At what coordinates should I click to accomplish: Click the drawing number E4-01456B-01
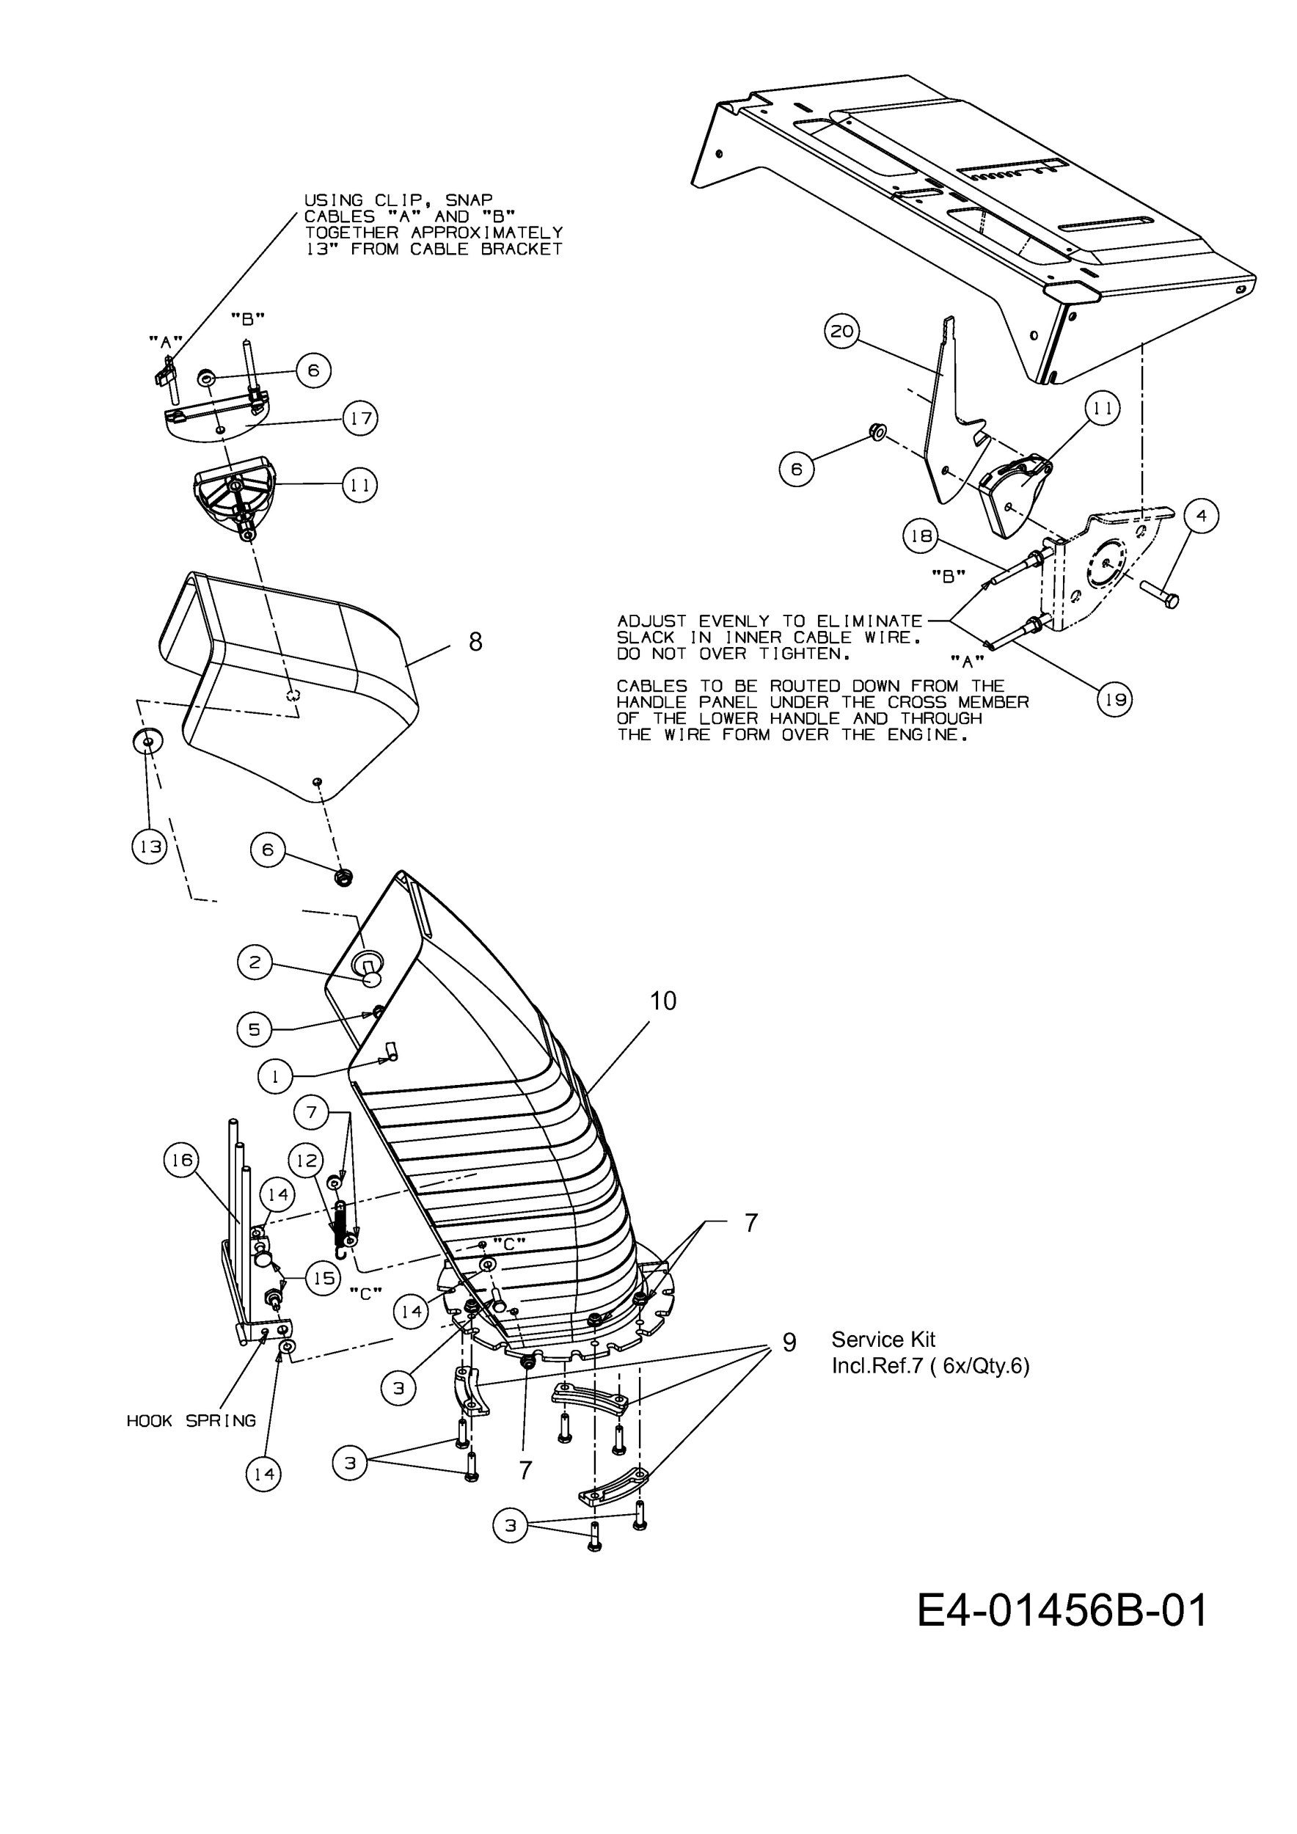pos(1062,1610)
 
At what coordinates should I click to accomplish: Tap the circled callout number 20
pos(841,331)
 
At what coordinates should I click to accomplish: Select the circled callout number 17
pos(360,417)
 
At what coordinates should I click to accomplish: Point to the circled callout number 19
pos(1115,700)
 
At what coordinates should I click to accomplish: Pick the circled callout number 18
pos(921,536)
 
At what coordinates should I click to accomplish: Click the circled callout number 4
pos(1201,516)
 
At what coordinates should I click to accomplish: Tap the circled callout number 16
pos(182,1160)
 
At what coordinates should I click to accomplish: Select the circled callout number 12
pos(307,1161)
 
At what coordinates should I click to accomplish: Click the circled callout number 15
pos(324,1278)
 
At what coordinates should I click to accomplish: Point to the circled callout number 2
pos(255,962)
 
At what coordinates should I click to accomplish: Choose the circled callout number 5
pos(254,1029)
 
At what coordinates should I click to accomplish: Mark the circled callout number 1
pos(275,1077)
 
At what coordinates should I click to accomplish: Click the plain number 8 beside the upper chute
pos(475,641)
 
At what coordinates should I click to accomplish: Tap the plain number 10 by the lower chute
pos(663,1000)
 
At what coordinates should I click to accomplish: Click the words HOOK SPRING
pos(191,1421)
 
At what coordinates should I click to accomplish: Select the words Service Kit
pos(883,1340)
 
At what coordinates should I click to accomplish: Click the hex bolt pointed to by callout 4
pos(1160,594)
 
